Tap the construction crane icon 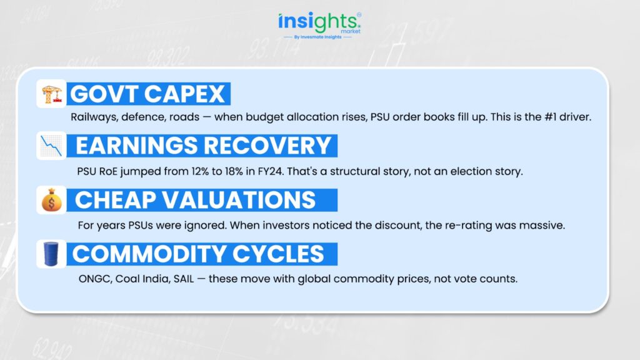click(x=51, y=94)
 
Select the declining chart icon click(x=51, y=146)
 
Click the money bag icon click(x=51, y=200)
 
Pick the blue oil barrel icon click(x=51, y=254)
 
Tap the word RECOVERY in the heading click(x=267, y=146)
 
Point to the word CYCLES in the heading click(x=278, y=254)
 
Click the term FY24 click(x=271, y=171)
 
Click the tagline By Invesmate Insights click(x=318, y=37)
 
